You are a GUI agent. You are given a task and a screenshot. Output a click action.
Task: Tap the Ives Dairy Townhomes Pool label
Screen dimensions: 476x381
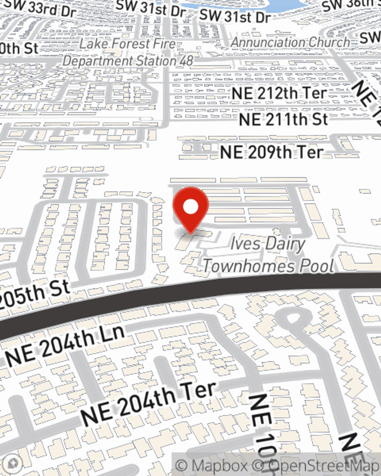click(x=268, y=255)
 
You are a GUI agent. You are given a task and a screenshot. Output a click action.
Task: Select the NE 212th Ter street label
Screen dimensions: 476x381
click(x=279, y=93)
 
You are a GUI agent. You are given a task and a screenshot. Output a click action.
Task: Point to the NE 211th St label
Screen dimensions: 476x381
click(x=283, y=119)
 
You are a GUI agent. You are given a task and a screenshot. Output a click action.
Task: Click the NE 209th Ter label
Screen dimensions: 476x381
click(x=271, y=152)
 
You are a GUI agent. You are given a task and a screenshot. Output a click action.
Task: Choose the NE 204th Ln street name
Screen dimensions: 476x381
click(x=65, y=346)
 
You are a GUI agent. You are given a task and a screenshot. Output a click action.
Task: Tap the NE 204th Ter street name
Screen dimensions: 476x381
click(x=149, y=404)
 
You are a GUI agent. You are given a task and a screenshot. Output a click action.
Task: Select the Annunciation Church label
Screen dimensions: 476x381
click(x=290, y=42)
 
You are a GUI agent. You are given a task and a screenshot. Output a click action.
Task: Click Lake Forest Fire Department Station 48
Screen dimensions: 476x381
click(x=128, y=52)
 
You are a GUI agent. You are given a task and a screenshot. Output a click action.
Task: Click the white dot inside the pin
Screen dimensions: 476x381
click(x=191, y=207)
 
